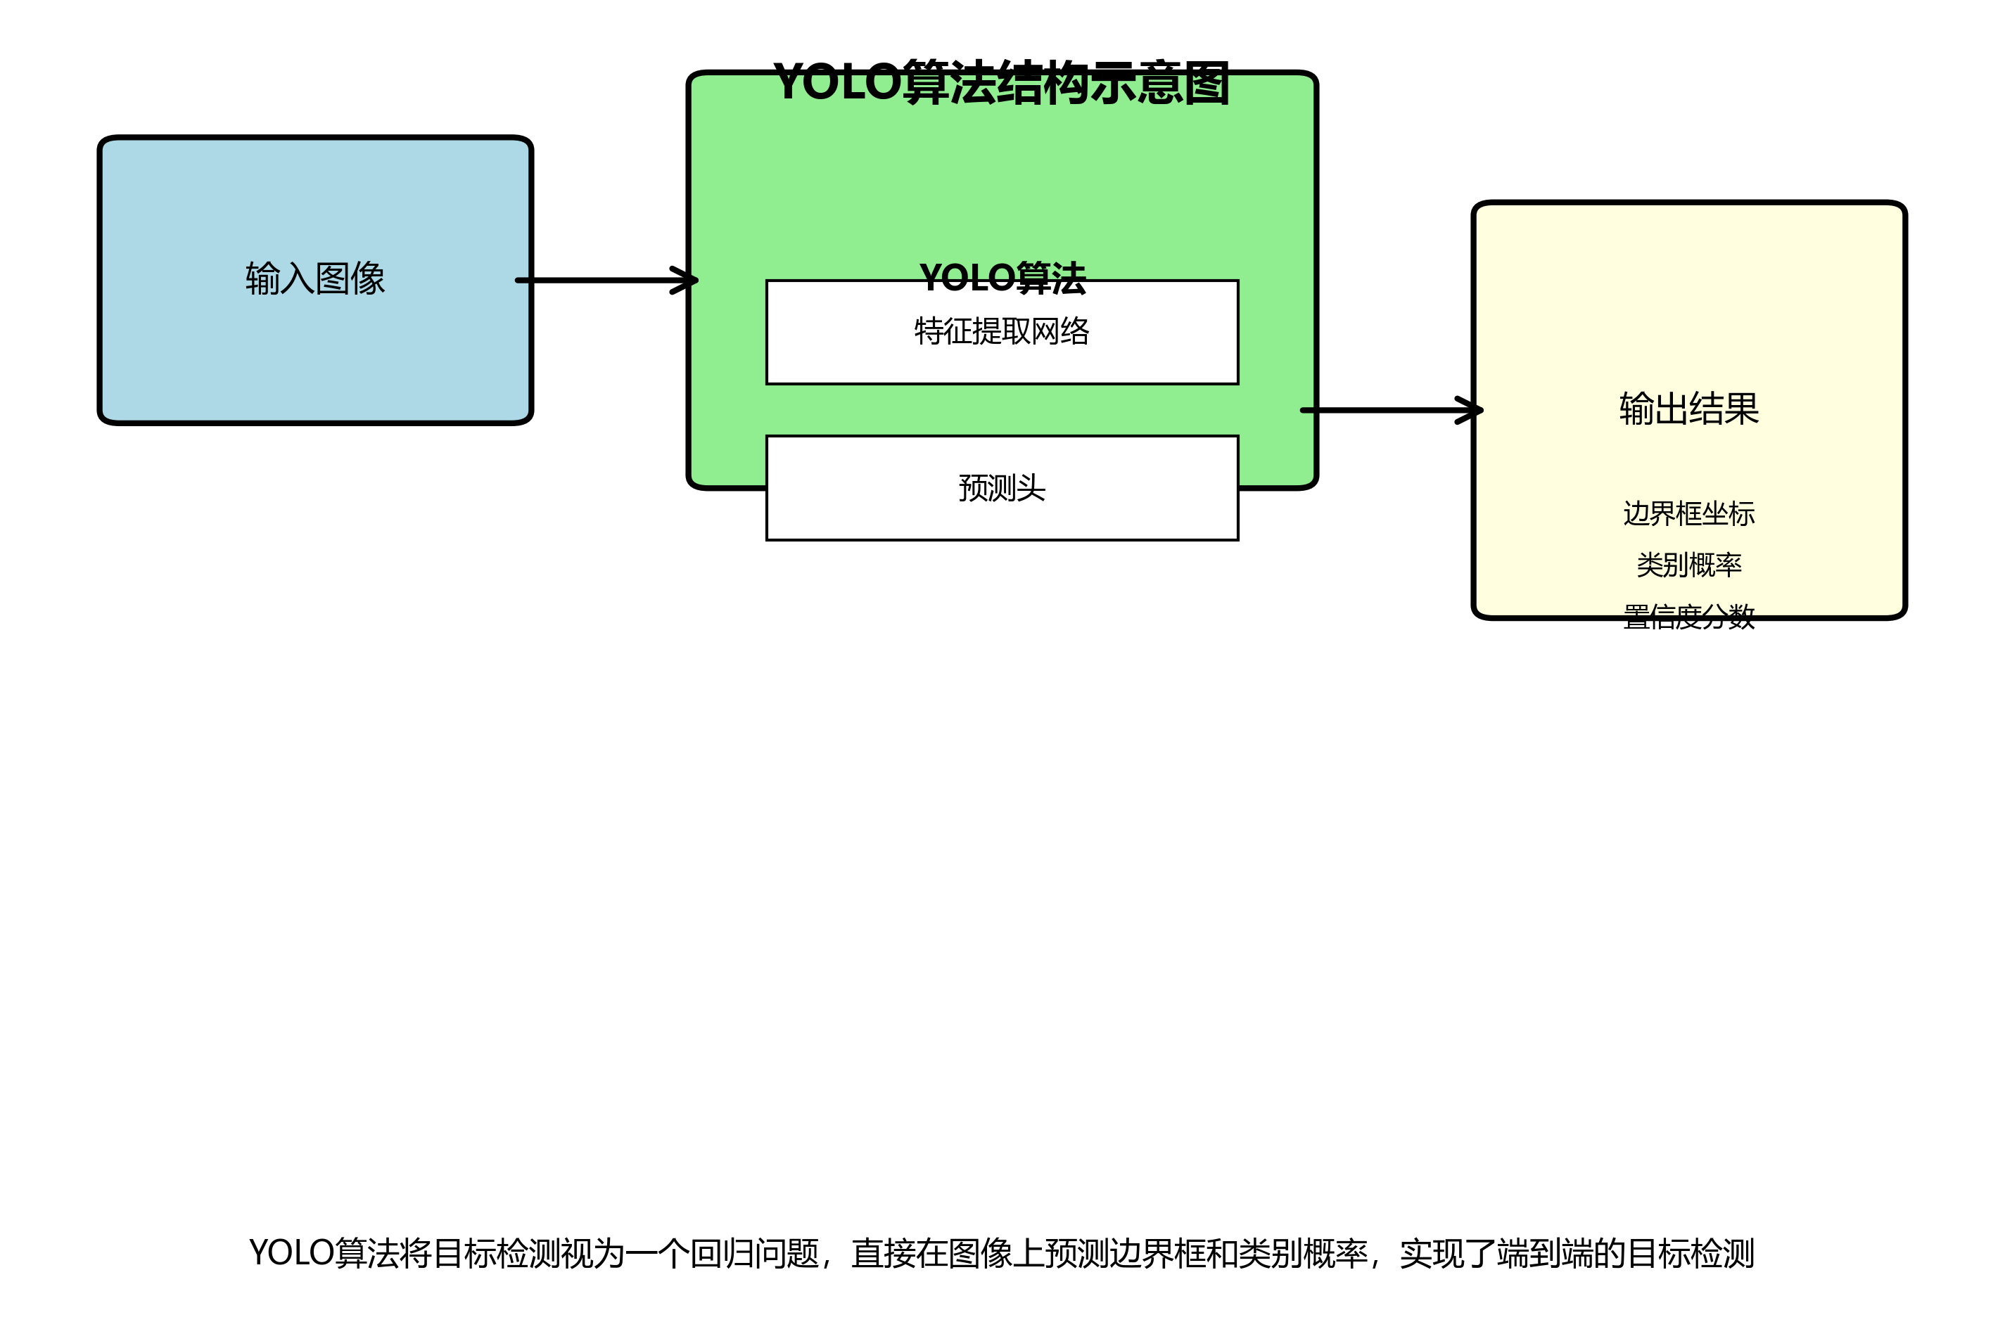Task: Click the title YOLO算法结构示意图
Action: (1002, 83)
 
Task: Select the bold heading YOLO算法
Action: (1002, 278)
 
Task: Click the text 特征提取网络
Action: (1002, 331)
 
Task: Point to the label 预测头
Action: (1002, 488)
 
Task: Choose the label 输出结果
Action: (1688, 409)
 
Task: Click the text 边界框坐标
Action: (1688, 514)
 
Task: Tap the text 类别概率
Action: (1688, 565)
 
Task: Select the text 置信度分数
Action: (1688, 617)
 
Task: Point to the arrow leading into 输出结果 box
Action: (1386, 411)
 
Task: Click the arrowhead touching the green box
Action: (685, 281)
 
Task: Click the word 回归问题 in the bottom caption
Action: (754, 1254)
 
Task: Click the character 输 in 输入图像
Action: (262, 278)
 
